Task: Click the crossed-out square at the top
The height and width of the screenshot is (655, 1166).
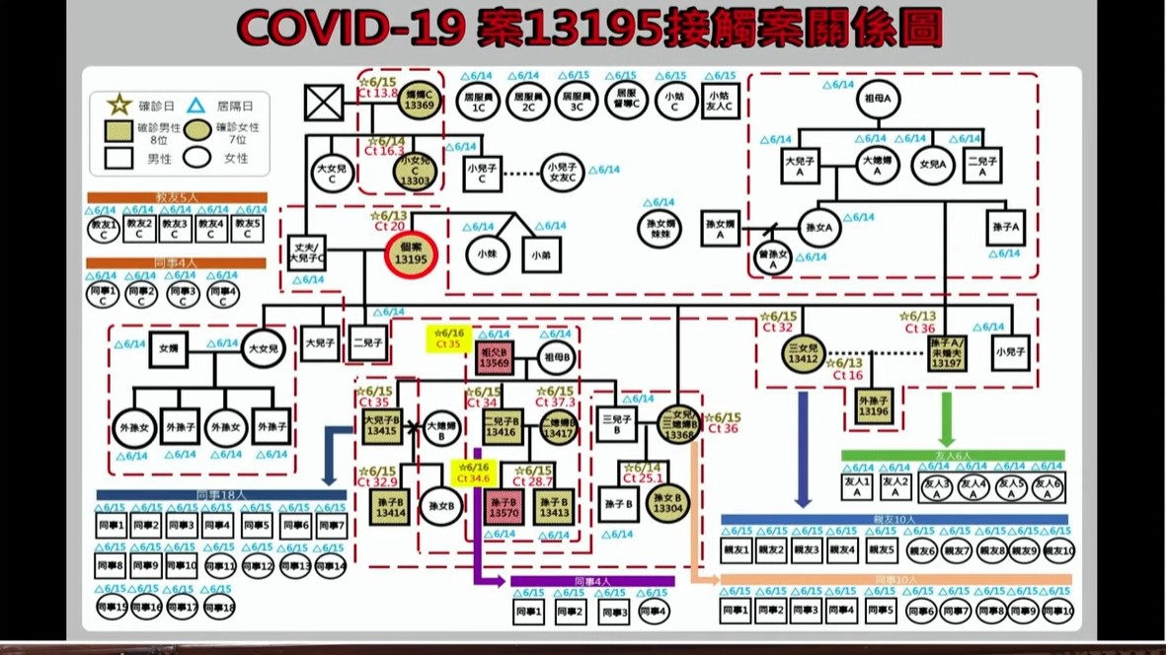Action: pyautogui.click(x=324, y=103)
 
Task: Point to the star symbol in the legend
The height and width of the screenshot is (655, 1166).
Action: pyautogui.click(x=119, y=105)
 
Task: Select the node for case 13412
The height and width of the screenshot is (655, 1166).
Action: pyautogui.click(x=804, y=354)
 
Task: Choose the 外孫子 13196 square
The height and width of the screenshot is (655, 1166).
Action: pyautogui.click(x=875, y=406)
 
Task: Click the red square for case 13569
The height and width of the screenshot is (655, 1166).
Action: pyautogui.click(x=493, y=357)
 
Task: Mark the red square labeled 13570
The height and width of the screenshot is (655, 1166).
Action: pyautogui.click(x=503, y=507)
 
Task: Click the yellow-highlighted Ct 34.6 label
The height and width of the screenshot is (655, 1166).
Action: pyautogui.click(x=472, y=473)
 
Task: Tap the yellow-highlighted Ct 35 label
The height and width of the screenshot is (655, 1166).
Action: pyautogui.click(x=446, y=339)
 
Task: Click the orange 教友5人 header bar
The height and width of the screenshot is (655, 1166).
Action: pyautogui.click(x=177, y=197)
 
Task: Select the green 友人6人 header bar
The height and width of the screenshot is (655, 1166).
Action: pyautogui.click(x=953, y=456)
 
